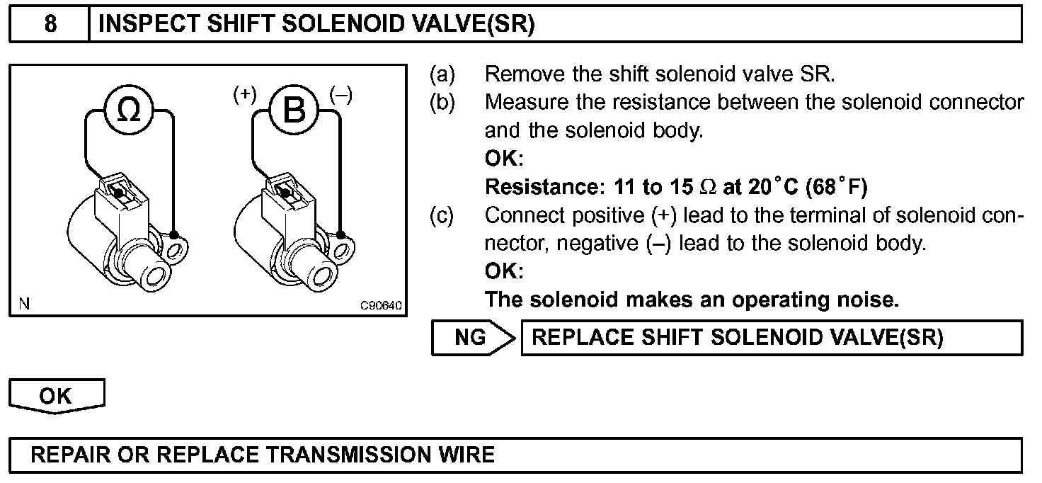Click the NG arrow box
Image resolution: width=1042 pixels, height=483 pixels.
tap(473, 338)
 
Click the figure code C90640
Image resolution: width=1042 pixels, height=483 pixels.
tap(381, 306)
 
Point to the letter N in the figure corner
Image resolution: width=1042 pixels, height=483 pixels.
tap(24, 305)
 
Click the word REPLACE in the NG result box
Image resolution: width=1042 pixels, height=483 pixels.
tap(578, 338)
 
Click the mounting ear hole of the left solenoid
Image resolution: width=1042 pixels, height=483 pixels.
tap(177, 249)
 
